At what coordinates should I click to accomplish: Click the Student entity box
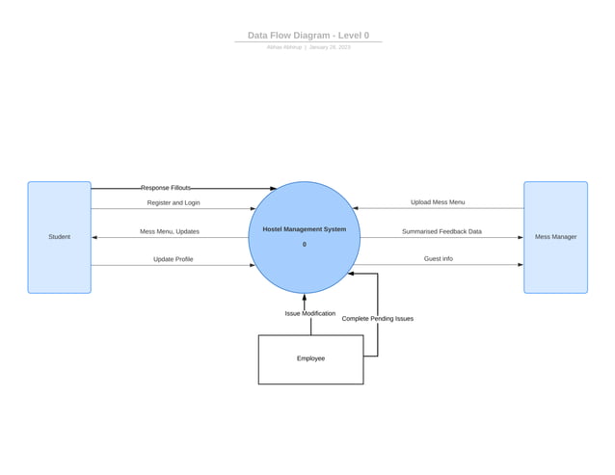point(59,237)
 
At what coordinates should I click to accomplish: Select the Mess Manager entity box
point(555,237)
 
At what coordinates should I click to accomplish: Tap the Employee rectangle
point(310,359)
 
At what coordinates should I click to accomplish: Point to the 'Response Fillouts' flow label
point(166,188)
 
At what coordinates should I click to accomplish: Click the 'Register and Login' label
point(174,203)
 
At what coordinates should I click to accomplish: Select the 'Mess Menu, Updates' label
point(170,231)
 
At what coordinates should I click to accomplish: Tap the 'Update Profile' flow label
point(173,259)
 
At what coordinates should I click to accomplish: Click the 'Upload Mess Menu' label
point(438,202)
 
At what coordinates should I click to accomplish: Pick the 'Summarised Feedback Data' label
point(441,231)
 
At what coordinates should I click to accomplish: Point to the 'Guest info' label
point(438,259)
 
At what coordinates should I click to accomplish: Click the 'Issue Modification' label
point(310,313)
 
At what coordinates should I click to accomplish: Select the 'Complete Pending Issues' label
point(378,318)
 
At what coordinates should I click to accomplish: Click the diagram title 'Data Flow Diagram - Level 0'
point(307,36)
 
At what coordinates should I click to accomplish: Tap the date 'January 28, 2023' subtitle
point(330,47)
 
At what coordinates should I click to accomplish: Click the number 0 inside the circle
point(304,245)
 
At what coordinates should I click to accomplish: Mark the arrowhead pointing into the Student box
point(94,237)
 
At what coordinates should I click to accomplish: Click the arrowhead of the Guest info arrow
point(520,265)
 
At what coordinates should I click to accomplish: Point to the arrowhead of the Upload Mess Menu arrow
point(356,208)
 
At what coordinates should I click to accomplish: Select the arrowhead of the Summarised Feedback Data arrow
point(520,237)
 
